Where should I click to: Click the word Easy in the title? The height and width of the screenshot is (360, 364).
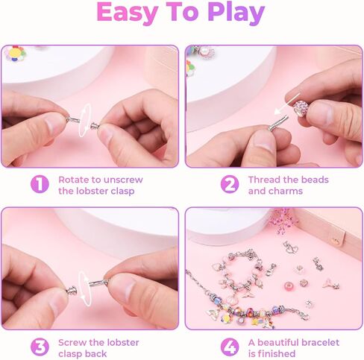click(x=128, y=13)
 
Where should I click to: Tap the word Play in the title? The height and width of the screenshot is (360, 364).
click(x=236, y=13)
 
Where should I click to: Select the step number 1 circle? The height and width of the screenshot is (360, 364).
click(x=40, y=184)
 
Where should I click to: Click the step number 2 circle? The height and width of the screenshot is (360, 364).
click(x=230, y=184)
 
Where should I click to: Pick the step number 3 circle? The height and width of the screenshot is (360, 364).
click(x=40, y=347)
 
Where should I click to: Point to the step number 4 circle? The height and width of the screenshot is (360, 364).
click(x=230, y=347)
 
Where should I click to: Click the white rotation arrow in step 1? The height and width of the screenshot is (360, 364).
click(x=85, y=120)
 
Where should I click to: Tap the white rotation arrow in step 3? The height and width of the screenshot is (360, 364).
click(x=84, y=288)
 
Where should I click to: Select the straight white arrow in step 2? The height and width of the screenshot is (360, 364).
click(x=287, y=104)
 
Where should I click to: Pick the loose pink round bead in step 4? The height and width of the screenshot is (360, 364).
click(x=289, y=286)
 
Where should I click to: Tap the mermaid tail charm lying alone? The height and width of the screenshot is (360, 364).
click(x=331, y=285)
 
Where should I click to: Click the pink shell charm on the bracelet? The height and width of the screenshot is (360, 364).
click(x=233, y=301)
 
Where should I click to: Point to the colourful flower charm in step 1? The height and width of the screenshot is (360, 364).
click(x=16, y=54)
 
